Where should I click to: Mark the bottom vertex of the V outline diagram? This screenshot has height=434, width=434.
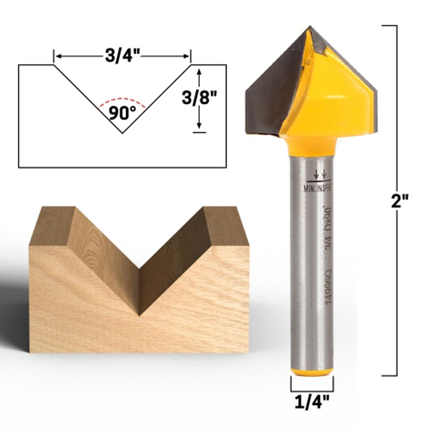pyautogui.click(x=122, y=133)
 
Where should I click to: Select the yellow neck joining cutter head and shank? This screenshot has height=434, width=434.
pyautogui.click(x=311, y=146)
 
